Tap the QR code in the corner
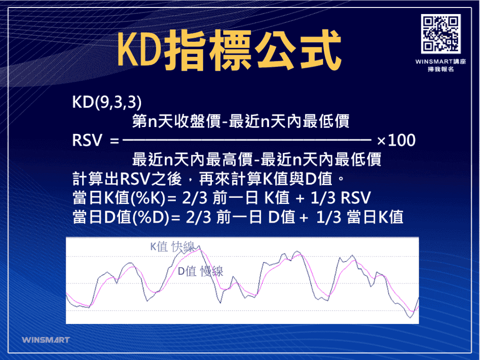[x=440, y=33]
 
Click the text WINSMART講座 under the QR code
[x=440, y=62]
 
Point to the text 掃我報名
[x=440, y=69]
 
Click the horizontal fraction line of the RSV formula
[x=246, y=140]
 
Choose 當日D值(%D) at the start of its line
[x=120, y=217]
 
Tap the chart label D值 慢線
[x=200, y=271]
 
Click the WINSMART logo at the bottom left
[x=45, y=339]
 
